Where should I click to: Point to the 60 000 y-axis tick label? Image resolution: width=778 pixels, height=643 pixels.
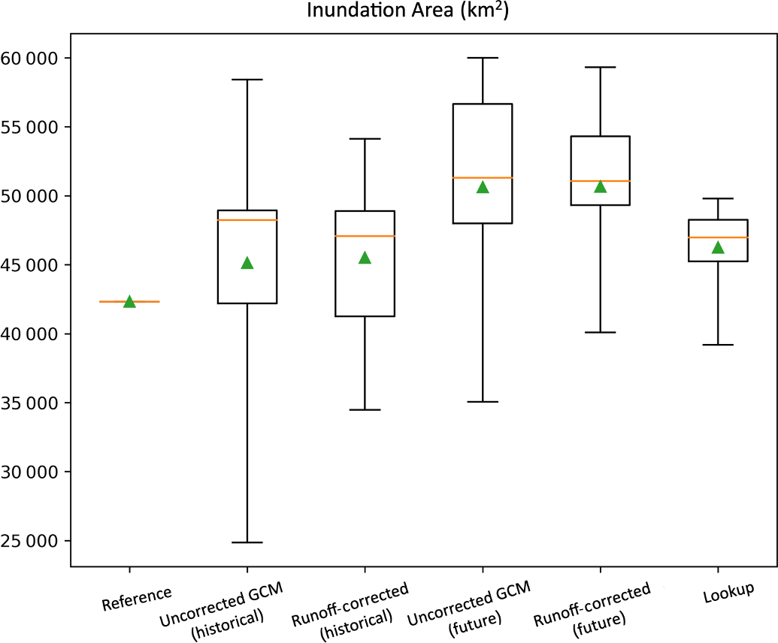click(33, 58)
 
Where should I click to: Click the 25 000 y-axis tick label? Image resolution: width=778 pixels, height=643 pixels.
click(33, 541)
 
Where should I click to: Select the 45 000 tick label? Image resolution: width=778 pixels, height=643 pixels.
click(33, 265)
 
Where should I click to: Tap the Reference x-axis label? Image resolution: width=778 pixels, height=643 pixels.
click(137, 599)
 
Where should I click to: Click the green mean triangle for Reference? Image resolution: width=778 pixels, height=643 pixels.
click(129, 301)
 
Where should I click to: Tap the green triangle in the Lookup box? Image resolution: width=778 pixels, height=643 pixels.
click(718, 247)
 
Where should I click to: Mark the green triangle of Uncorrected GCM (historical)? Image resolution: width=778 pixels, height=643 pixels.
click(247, 263)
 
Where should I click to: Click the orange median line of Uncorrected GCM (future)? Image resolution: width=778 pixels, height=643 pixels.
click(483, 177)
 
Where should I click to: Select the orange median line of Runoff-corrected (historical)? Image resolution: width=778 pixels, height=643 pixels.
click(365, 236)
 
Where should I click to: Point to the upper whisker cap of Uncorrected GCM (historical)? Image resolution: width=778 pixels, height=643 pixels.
click(247, 79)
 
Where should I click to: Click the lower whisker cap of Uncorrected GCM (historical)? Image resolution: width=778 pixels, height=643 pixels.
click(247, 542)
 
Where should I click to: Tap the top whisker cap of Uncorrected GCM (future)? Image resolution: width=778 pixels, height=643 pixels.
click(483, 57)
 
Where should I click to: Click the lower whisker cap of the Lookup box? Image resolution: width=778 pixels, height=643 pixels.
click(718, 345)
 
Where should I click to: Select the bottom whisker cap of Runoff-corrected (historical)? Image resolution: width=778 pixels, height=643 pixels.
click(365, 410)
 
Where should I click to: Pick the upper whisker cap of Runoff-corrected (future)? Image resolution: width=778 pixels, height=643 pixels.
click(600, 67)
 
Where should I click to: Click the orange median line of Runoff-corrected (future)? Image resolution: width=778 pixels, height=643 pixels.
click(600, 181)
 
